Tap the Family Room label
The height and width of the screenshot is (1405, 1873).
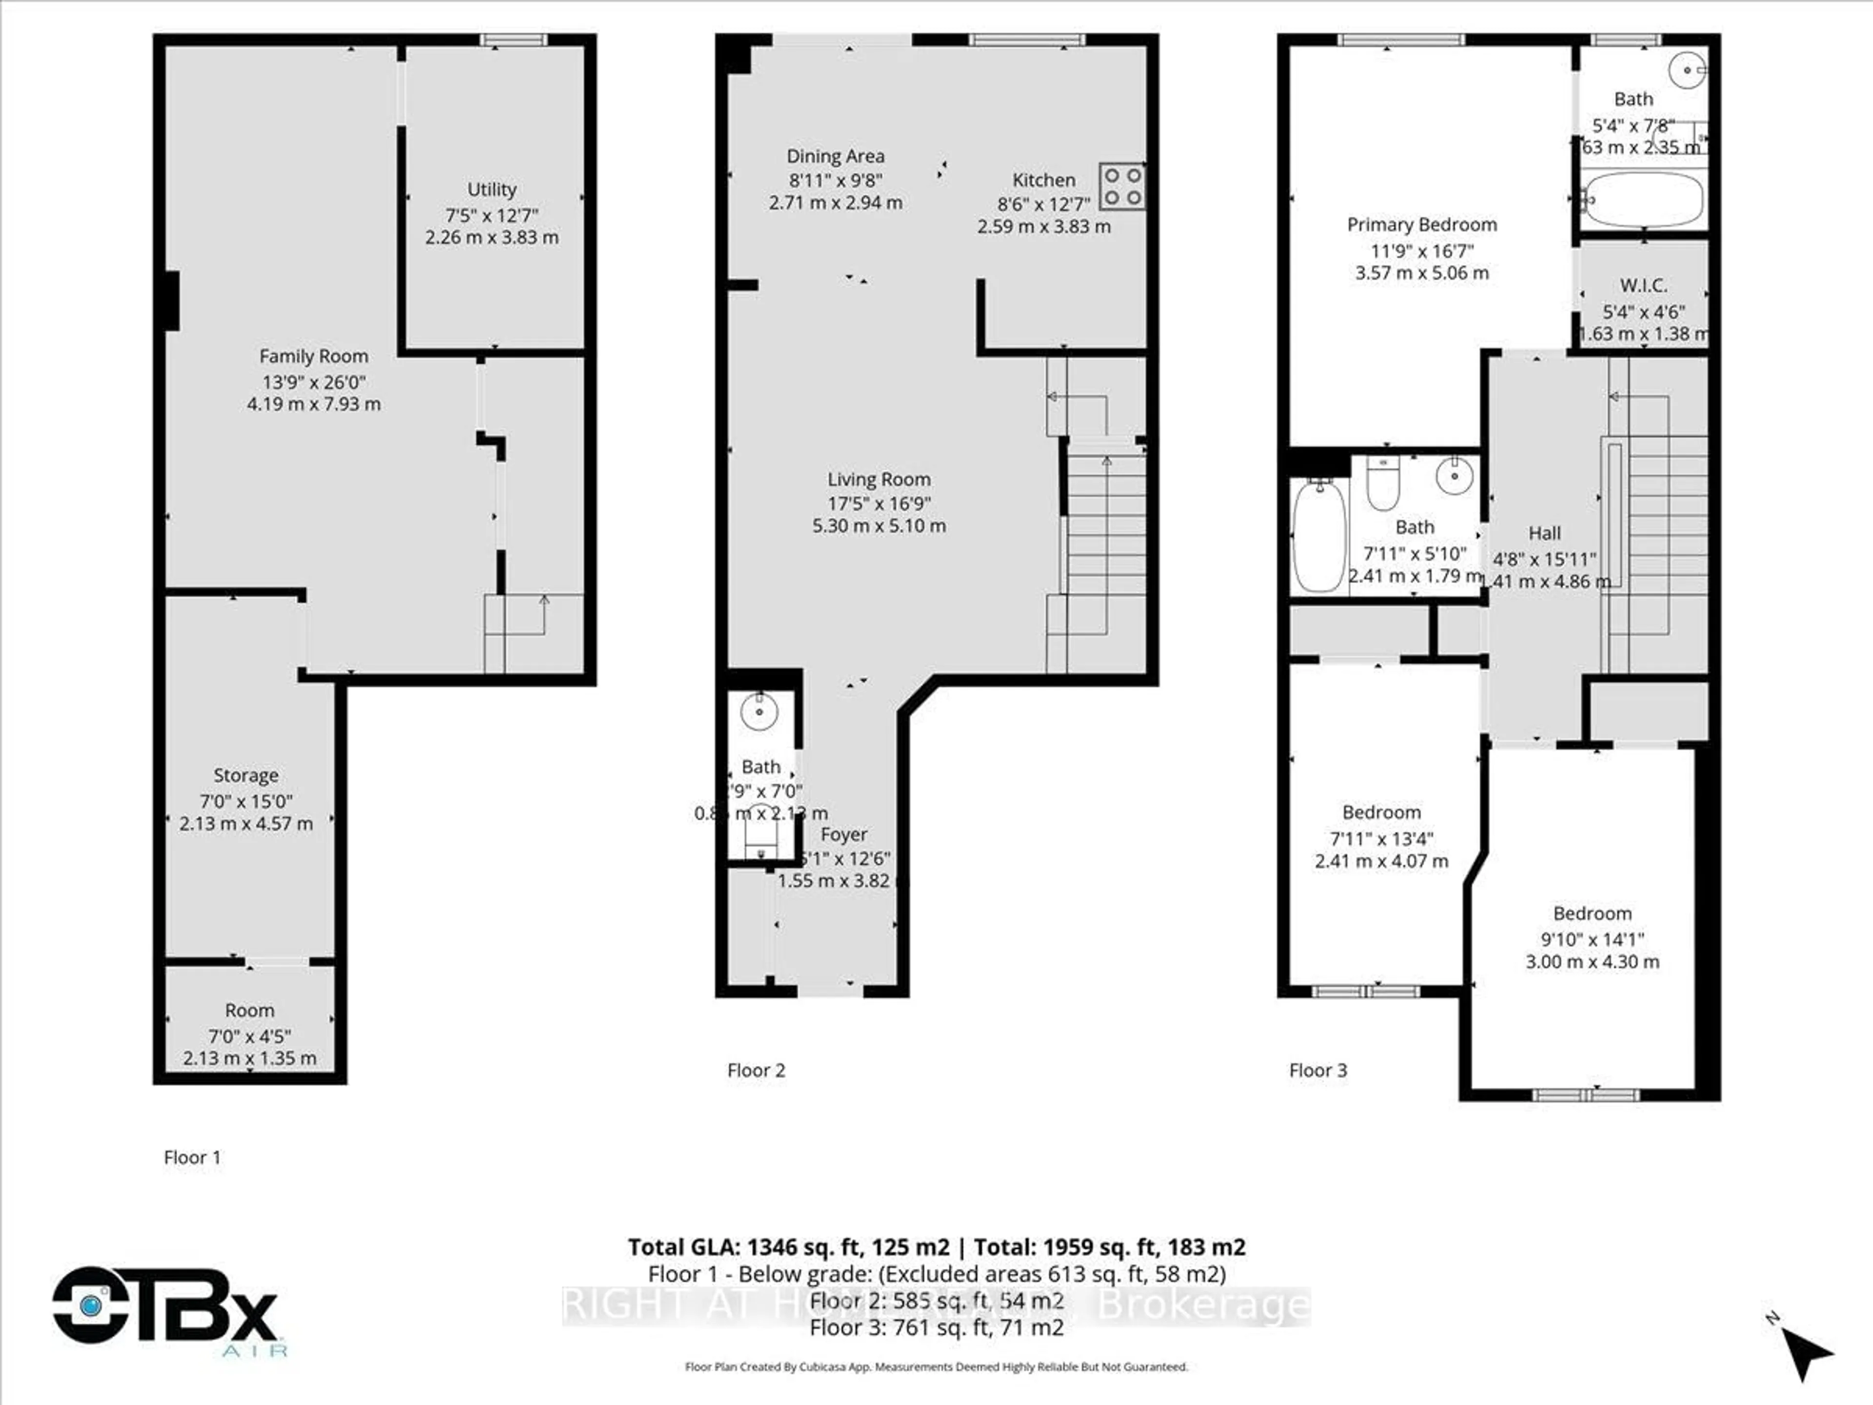(313, 357)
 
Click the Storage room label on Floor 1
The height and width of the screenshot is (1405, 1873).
(245, 776)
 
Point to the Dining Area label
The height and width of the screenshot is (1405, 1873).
(835, 157)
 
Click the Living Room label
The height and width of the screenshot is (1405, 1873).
(879, 480)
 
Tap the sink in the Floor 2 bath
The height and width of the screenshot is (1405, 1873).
(758, 711)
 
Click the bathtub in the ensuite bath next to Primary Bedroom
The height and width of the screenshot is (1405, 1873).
(1643, 200)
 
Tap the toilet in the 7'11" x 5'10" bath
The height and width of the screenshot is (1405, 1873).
(1383, 484)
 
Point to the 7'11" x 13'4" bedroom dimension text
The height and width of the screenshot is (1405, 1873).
(1381, 839)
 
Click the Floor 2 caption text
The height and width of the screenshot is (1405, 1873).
(756, 1070)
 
